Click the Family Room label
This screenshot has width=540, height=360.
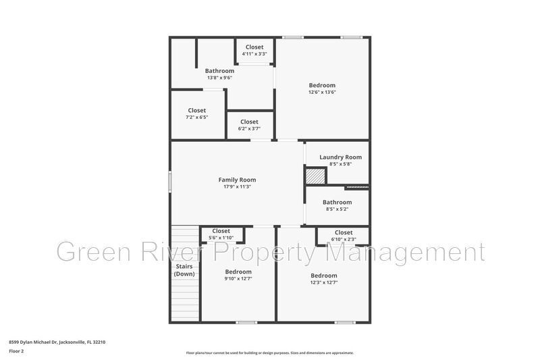(237, 180)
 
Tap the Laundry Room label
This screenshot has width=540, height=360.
(340, 157)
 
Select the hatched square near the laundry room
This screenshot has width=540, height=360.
(315, 176)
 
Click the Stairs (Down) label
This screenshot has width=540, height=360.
(184, 270)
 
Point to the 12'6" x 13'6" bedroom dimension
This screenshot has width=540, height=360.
(322, 92)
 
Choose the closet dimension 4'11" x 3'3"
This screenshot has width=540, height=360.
(254, 53)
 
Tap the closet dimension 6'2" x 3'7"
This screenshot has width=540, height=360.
(249, 128)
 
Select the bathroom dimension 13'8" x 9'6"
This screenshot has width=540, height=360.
(219, 78)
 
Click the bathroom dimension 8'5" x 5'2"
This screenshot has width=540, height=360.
(337, 209)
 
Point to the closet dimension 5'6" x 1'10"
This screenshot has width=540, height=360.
(221, 238)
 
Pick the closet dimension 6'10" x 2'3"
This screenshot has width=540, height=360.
(344, 239)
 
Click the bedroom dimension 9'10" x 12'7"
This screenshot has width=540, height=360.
(238, 279)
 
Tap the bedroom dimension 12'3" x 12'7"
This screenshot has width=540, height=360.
(324, 282)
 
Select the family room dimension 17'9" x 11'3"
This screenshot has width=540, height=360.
(237, 187)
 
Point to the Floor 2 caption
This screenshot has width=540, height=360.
(16, 351)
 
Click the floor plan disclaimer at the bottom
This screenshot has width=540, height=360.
(269, 353)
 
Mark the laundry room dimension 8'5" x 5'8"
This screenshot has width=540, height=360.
(340, 164)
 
